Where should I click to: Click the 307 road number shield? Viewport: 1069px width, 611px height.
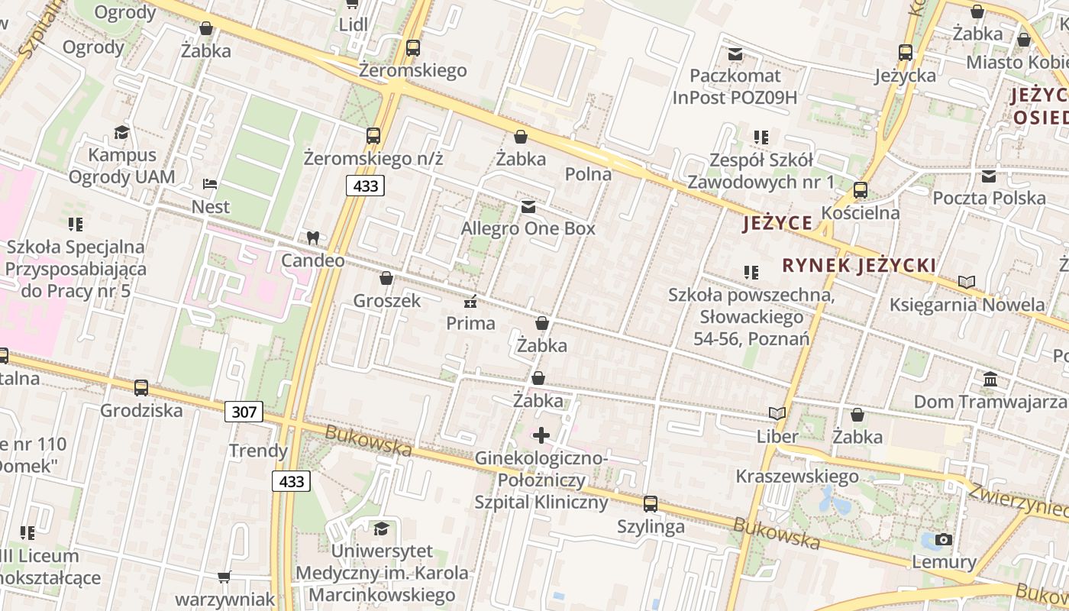[x=244, y=412]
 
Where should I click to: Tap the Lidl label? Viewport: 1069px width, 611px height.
[x=354, y=24]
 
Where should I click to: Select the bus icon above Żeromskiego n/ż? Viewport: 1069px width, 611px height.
[x=373, y=136]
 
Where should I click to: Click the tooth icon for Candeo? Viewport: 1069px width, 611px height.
[x=312, y=238]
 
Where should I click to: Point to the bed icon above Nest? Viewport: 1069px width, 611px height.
[x=210, y=184]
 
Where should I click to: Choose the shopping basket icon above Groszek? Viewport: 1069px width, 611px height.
[x=386, y=278]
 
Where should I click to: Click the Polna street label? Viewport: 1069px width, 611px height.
[x=588, y=174]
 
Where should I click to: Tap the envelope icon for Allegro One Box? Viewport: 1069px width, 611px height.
[x=528, y=207]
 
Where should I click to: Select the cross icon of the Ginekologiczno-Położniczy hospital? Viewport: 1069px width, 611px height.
[x=541, y=435]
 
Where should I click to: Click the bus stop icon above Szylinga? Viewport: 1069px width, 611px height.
[x=651, y=504]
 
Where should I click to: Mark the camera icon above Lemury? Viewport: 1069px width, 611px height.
[x=944, y=540]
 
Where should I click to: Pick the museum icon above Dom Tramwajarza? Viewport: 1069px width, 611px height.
[x=990, y=379]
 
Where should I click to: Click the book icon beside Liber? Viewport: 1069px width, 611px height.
[x=777, y=414]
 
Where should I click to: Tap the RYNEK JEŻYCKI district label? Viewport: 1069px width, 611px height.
[x=859, y=266]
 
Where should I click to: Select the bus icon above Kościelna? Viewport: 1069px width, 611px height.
[x=861, y=190]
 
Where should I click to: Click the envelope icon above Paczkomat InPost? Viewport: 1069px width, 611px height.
[x=735, y=54]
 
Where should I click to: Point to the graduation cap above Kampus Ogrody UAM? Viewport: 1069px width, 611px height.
[x=121, y=133]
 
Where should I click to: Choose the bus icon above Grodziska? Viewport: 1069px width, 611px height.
[x=141, y=388]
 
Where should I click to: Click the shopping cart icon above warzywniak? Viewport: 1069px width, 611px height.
[x=224, y=577]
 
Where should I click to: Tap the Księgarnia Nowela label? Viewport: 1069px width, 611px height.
[x=967, y=305]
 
